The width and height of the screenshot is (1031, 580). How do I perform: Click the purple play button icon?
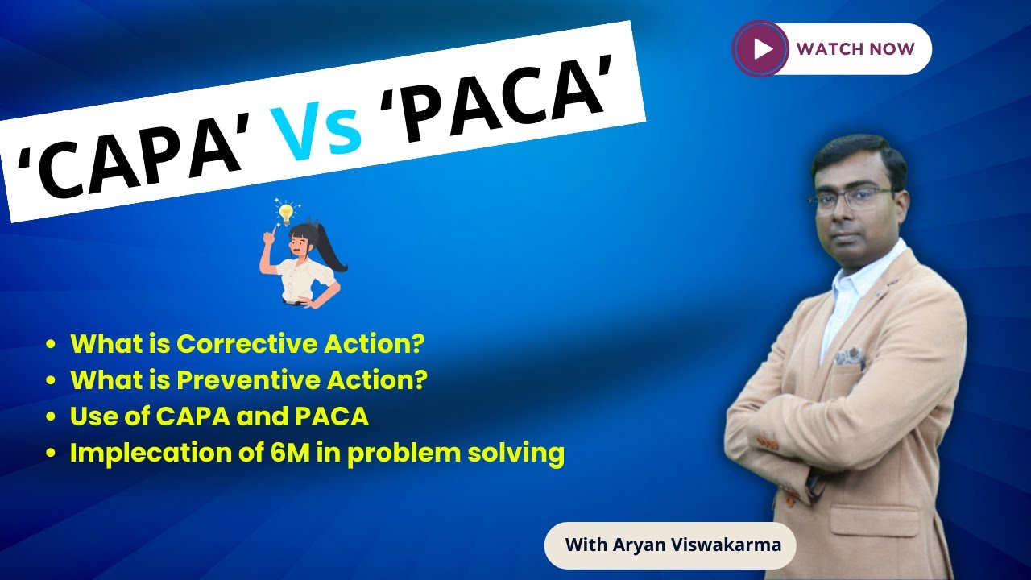coord(760,49)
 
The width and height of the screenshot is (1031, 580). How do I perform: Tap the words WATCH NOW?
coord(855,49)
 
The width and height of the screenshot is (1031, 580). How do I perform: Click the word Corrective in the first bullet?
coord(245,344)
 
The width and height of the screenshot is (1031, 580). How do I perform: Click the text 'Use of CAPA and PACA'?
coord(219,416)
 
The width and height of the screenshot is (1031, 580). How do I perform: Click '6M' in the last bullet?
coord(265,453)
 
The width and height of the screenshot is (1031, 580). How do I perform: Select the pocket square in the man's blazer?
coord(850,355)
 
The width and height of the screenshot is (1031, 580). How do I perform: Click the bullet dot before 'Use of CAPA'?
coord(52,417)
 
